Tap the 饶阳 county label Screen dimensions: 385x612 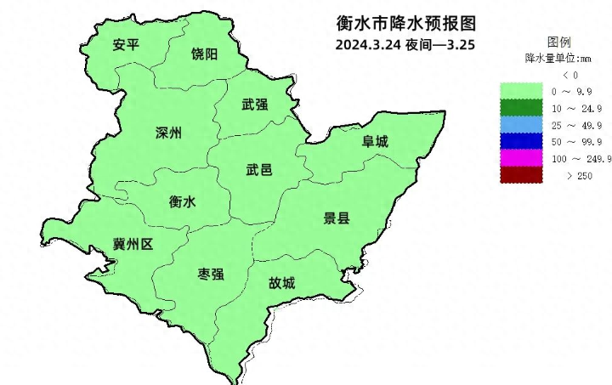[x=204, y=54]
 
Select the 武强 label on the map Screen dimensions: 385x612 [x=255, y=105]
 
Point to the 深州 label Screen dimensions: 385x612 [x=169, y=133]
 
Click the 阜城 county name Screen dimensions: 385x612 [x=375, y=142]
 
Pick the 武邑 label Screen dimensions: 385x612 [x=259, y=170]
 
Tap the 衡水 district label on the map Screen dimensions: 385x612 [x=183, y=202]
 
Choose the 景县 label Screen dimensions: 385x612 [x=337, y=218]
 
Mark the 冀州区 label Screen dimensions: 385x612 [x=133, y=245]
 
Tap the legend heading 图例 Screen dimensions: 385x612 [x=558, y=42]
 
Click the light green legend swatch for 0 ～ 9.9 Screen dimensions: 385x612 [x=520, y=91]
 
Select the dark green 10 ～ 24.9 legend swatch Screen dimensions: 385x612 [x=520, y=108]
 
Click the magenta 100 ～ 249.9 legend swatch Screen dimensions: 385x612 [x=520, y=159]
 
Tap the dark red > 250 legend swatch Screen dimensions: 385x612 [x=520, y=175]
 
